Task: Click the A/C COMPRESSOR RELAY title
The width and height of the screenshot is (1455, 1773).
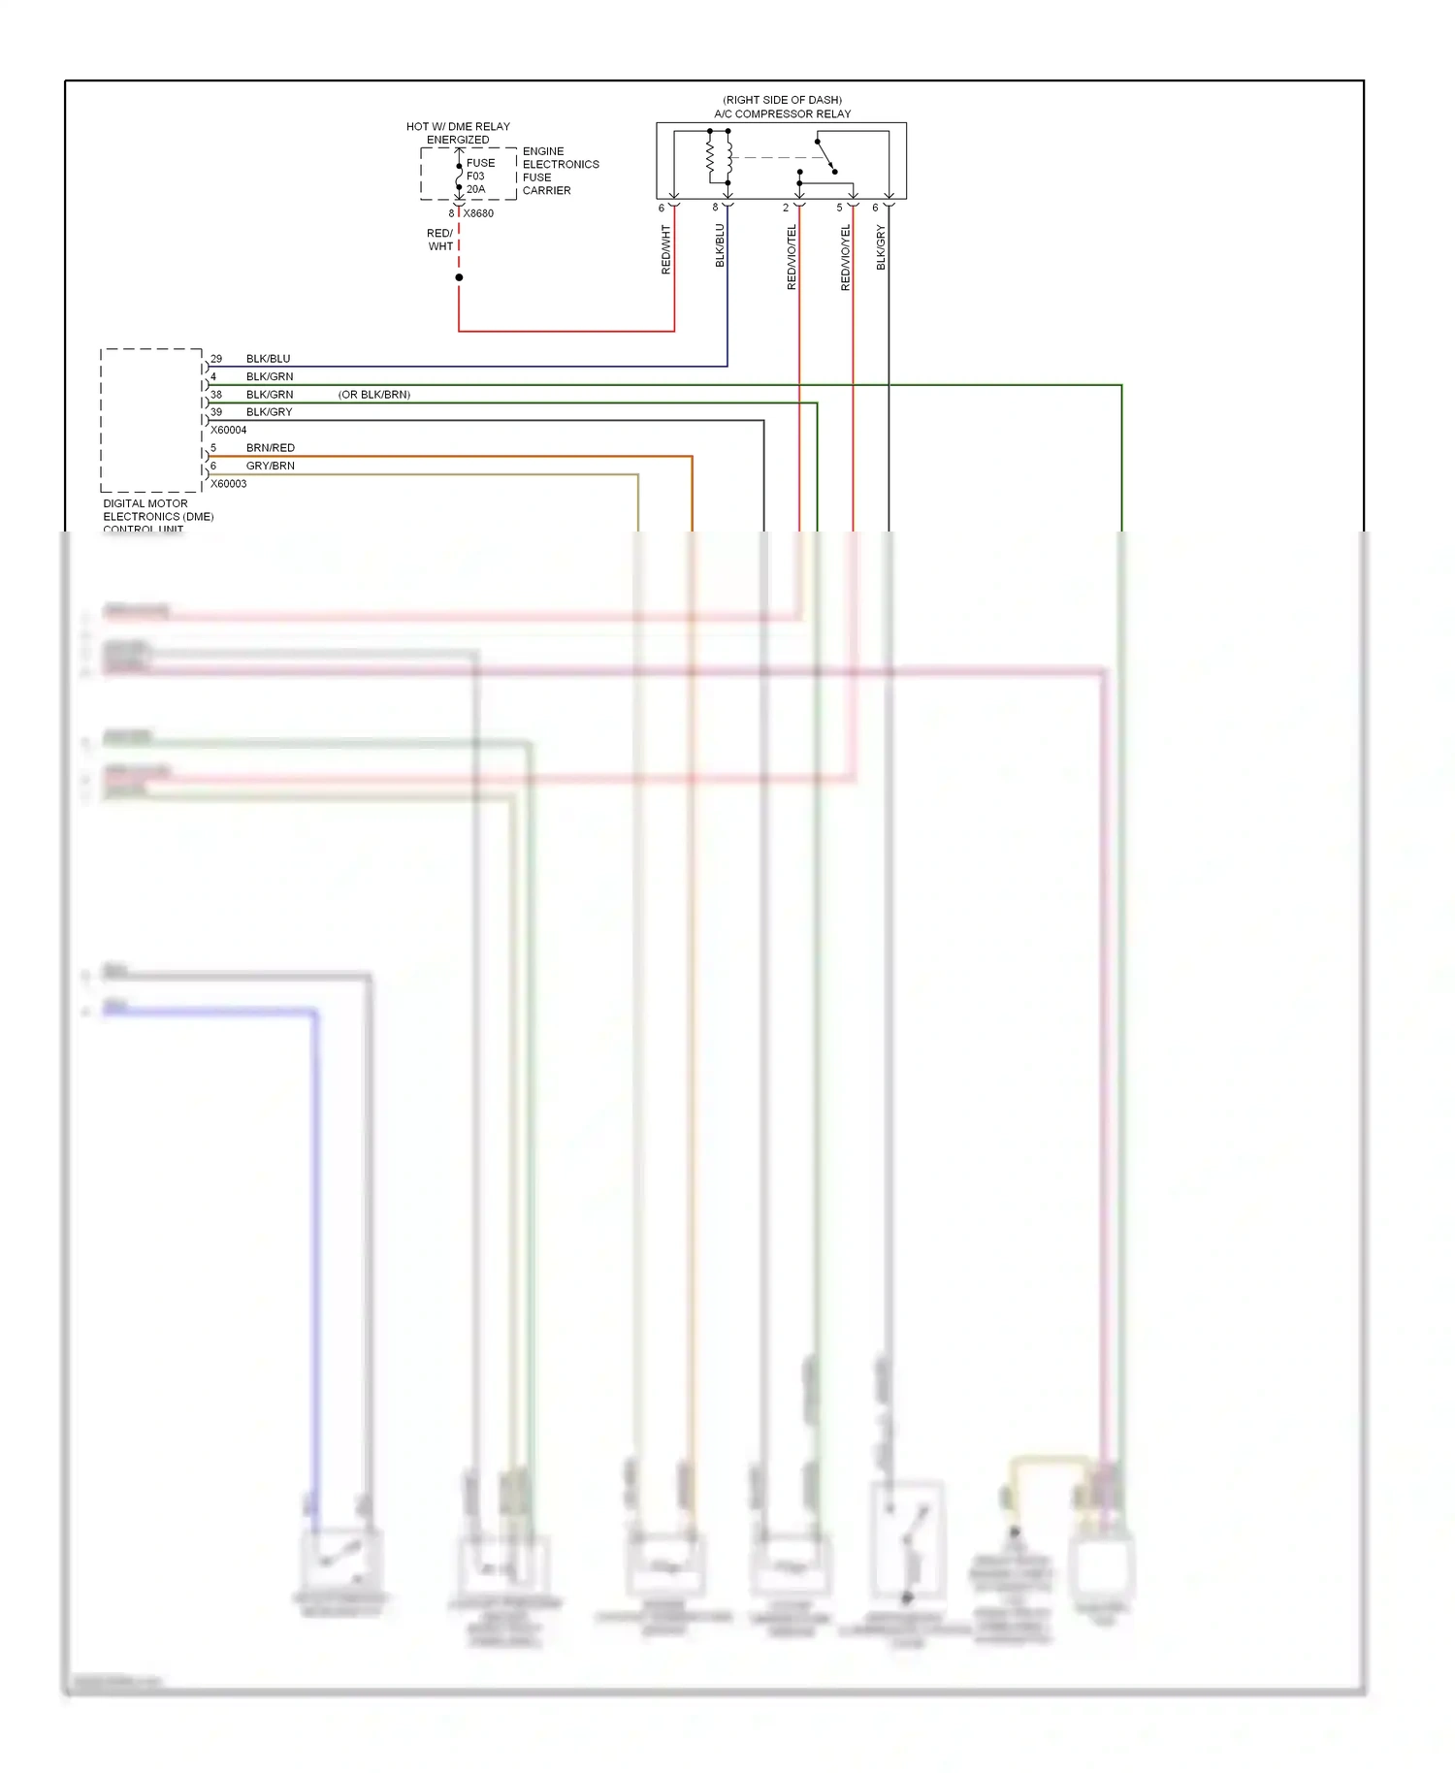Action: (x=782, y=113)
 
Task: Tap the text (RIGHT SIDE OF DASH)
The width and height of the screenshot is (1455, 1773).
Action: (x=782, y=100)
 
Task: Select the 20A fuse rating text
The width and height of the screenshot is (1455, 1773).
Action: (x=475, y=189)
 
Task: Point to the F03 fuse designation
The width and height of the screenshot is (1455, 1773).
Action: (x=475, y=176)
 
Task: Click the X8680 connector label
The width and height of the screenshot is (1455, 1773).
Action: (x=478, y=213)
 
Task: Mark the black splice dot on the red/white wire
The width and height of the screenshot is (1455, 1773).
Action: (x=459, y=277)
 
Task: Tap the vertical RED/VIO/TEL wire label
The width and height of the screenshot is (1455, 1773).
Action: (x=792, y=257)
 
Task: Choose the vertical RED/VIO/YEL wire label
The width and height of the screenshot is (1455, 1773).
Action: (x=845, y=257)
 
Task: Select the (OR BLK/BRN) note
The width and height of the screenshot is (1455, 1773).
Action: (x=374, y=395)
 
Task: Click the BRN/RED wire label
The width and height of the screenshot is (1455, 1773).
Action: (x=270, y=448)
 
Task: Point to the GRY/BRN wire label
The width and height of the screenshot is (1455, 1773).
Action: (x=270, y=466)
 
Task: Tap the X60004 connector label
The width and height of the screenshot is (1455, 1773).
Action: (x=229, y=430)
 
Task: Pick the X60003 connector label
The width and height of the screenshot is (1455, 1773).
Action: (x=229, y=484)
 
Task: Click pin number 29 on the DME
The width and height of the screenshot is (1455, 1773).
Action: (x=216, y=359)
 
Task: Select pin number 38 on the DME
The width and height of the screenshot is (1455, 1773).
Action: (x=216, y=395)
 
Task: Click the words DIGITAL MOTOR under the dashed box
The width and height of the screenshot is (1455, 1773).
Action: (x=145, y=503)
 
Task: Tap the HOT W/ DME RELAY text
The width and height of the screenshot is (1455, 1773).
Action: (x=458, y=127)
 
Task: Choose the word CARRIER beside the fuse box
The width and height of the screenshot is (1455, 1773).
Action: (x=546, y=190)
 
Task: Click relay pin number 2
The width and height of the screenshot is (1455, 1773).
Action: (x=786, y=208)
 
